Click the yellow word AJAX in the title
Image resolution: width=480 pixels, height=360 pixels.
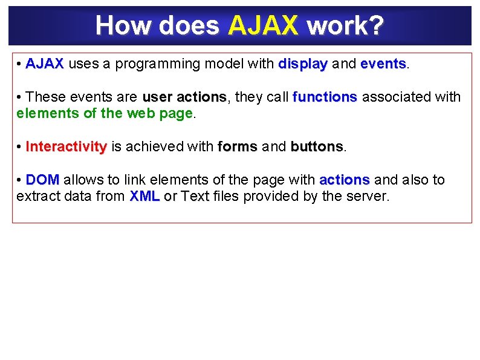coord(264,25)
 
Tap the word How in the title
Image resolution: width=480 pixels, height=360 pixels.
coord(115,25)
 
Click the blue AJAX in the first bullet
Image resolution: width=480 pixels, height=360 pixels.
coord(45,64)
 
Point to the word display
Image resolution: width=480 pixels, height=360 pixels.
coord(303,64)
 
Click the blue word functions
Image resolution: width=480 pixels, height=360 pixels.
coord(325,97)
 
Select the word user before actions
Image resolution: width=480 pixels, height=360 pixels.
coord(157,97)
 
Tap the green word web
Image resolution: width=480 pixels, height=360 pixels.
coord(140,113)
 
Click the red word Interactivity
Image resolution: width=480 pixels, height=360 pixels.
coord(66,146)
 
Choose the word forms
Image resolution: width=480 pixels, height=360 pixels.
coord(237,146)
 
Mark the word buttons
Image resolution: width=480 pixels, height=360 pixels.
coord(316,146)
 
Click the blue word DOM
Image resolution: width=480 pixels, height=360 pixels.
coord(42,180)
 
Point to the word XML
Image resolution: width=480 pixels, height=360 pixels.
coord(144,196)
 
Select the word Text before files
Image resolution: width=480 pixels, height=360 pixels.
coord(195,196)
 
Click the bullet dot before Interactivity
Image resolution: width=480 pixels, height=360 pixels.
coord(20,146)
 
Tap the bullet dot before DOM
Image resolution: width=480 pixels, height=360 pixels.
coord(20,180)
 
